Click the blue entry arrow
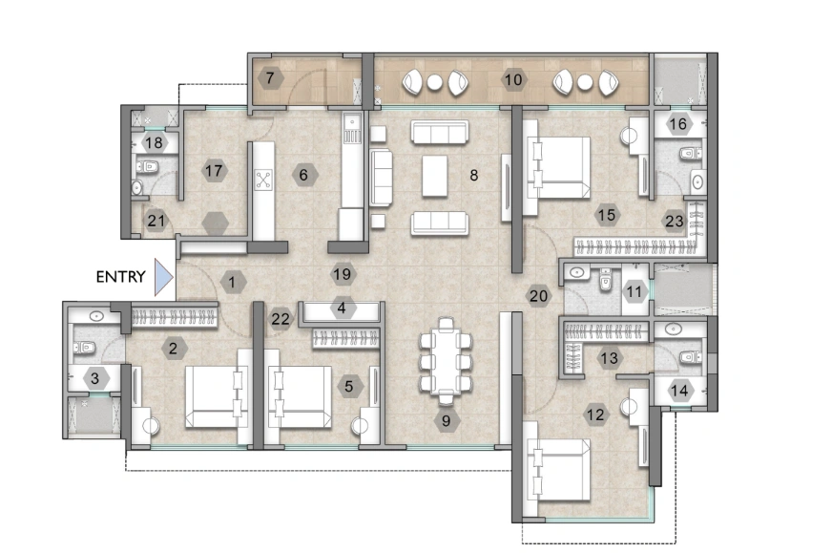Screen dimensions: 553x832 coord(162,277)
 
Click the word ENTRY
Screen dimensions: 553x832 coord(121,278)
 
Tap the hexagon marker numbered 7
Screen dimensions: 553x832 coord(270,78)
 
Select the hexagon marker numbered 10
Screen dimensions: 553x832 coord(513,79)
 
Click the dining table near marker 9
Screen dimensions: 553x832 coord(446,361)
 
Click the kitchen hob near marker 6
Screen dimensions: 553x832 coord(263,179)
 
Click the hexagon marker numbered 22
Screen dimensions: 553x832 coord(279,318)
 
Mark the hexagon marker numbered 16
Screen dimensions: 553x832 coord(678,123)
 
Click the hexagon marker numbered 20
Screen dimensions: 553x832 coord(538,295)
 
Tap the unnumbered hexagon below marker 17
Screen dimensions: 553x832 coord(218,223)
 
